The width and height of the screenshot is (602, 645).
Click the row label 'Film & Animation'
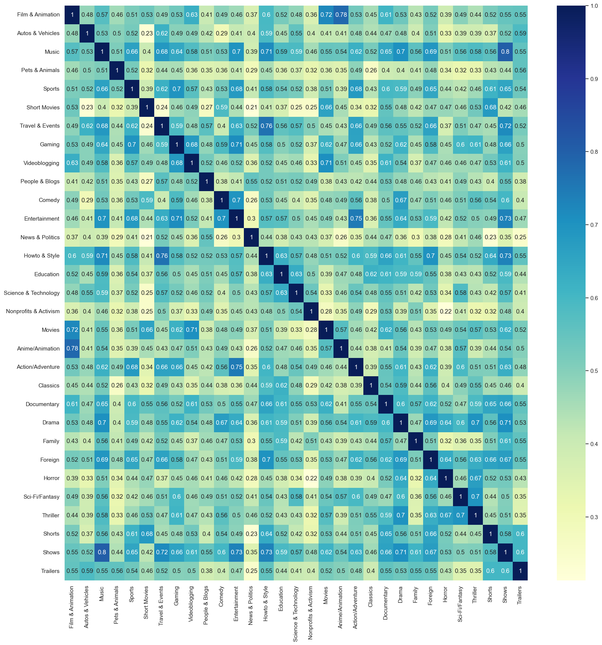(x=38, y=15)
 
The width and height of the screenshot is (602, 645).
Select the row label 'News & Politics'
(x=40, y=237)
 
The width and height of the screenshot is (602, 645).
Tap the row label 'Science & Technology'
(x=32, y=293)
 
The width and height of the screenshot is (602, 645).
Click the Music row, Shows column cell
(x=505, y=52)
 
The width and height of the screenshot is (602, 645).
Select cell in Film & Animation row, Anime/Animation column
(x=341, y=15)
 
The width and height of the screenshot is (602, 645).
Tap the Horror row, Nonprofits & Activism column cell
(x=311, y=478)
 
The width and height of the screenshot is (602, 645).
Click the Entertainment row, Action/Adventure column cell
(x=356, y=219)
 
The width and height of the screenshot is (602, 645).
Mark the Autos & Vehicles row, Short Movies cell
(x=147, y=33)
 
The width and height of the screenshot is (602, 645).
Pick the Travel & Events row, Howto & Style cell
(x=266, y=126)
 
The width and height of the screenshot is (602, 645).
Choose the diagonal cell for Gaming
(x=177, y=144)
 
